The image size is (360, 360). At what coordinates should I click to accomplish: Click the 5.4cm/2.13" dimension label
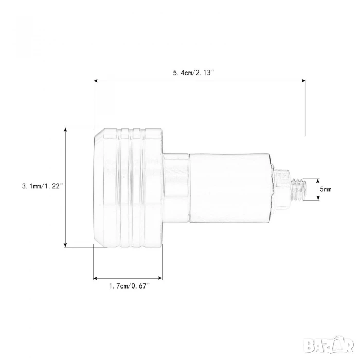click(193, 73)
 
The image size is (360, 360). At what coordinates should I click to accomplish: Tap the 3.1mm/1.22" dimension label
click(42, 186)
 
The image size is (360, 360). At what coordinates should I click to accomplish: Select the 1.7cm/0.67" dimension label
click(129, 286)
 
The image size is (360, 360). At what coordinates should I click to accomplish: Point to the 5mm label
click(326, 189)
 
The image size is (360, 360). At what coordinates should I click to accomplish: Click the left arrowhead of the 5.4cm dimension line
click(96, 81)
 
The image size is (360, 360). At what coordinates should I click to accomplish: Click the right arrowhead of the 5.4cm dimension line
click(303, 81)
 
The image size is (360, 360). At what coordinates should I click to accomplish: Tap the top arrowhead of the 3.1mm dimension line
click(66, 130)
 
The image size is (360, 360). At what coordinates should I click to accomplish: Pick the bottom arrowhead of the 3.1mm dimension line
click(66, 245)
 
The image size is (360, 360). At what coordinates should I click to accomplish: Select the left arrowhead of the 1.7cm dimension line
click(96, 278)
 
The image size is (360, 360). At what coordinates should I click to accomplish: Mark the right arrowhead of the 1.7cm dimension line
click(160, 278)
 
